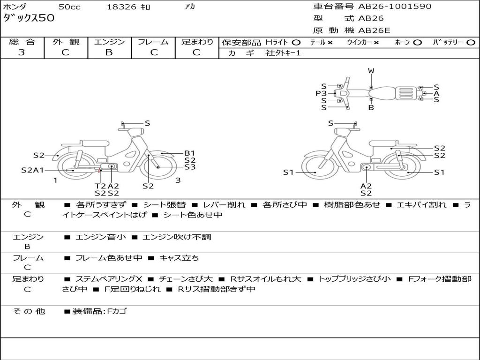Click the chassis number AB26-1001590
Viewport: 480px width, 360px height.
(x=395, y=7)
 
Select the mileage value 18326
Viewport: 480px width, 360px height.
(x=121, y=7)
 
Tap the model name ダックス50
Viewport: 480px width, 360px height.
(x=29, y=18)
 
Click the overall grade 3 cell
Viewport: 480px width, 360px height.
(x=22, y=52)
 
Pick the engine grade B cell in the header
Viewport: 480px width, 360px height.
(x=109, y=52)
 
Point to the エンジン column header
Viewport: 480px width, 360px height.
(x=109, y=42)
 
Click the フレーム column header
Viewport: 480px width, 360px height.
(x=153, y=42)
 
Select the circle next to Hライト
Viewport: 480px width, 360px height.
(x=296, y=43)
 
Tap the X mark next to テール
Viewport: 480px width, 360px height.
(x=330, y=43)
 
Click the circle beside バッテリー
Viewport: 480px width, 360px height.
(x=471, y=43)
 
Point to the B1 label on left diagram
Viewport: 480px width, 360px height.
(x=189, y=153)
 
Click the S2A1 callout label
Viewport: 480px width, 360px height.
(x=32, y=170)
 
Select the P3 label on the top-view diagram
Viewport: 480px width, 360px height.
(x=321, y=93)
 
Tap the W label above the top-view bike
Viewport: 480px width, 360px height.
(x=371, y=71)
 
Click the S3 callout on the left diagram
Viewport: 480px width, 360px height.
(x=189, y=167)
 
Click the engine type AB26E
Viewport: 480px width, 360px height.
(x=374, y=30)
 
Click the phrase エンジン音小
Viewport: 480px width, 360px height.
(x=100, y=237)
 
